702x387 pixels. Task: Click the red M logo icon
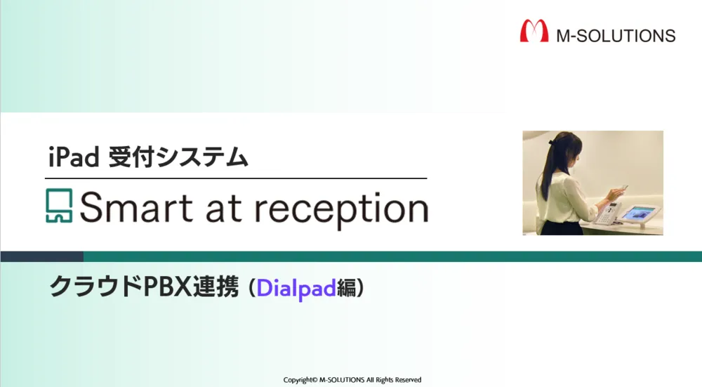[534, 32]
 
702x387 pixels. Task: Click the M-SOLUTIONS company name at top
[616, 36]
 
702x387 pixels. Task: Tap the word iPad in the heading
[74, 157]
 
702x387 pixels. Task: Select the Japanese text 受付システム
[178, 157]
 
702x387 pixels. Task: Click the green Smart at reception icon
[59, 206]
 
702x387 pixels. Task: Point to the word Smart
[136, 207]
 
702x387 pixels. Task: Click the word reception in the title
[341, 209]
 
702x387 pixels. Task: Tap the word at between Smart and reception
[223, 209]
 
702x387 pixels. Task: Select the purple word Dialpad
[296, 288]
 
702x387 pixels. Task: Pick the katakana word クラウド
[95, 287]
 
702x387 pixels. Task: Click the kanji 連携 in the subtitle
[216, 287]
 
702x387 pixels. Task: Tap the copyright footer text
[352, 380]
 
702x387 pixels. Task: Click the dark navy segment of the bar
[41, 256]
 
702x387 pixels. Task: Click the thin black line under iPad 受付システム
[236, 178]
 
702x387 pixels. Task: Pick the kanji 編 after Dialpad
[347, 287]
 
